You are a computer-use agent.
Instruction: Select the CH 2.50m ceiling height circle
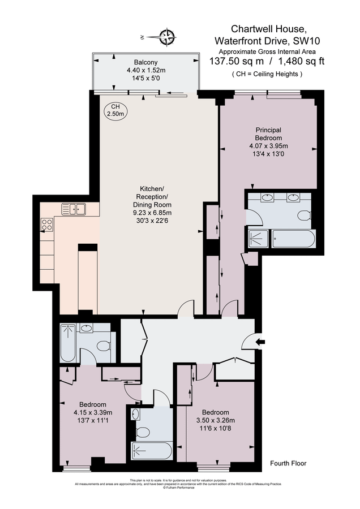[x=115, y=110]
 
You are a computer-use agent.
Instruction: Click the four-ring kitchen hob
[x=47, y=225]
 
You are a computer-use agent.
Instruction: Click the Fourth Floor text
[x=288, y=463]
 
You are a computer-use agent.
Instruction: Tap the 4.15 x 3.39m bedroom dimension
[x=93, y=412]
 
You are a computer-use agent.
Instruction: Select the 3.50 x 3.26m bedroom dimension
[x=216, y=420]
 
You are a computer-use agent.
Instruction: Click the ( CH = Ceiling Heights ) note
[x=267, y=74]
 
